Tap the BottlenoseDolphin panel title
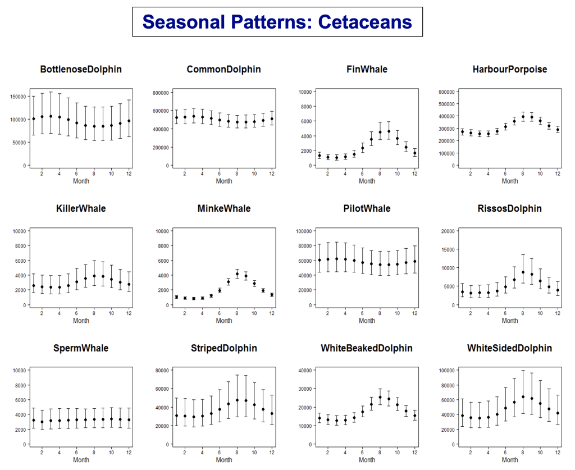click(x=81, y=70)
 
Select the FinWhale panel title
click(x=367, y=70)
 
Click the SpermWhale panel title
click(x=81, y=348)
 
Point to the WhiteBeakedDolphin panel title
click(x=367, y=348)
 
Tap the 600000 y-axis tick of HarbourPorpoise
click(x=446, y=92)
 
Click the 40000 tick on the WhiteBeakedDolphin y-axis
click(x=305, y=371)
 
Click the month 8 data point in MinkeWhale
click(x=238, y=274)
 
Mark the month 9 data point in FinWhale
click(x=389, y=131)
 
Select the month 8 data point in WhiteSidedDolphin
click(x=523, y=397)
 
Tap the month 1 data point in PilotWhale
click(x=320, y=260)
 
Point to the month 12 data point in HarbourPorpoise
click(x=558, y=130)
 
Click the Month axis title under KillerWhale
click(x=81, y=321)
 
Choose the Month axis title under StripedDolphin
click(x=224, y=460)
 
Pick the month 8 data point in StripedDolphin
click(x=238, y=400)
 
